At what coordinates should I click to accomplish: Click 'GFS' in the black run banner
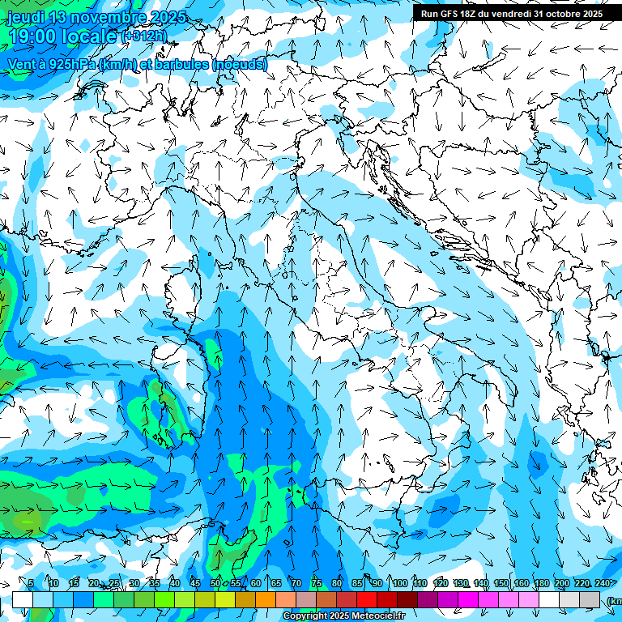[450, 14]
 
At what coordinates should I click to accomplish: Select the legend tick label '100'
[399, 583]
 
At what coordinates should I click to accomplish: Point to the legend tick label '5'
[31, 583]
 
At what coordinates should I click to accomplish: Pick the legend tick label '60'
[256, 583]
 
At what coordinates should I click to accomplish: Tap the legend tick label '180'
[541, 583]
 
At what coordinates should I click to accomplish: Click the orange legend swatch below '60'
[266, 599]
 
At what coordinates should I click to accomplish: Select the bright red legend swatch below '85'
[367, 599]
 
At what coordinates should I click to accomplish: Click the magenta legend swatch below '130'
[468, 599]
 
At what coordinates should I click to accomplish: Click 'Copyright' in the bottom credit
[305, 616]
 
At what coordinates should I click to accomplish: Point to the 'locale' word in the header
[90, 36]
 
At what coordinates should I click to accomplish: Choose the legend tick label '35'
[155, 583]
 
